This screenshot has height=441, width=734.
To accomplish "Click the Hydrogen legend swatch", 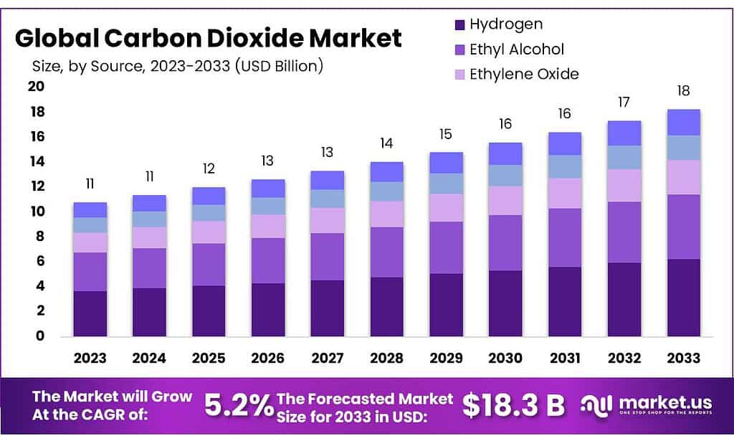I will point(459,25).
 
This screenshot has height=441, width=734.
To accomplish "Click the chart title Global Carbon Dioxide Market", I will point(209,38).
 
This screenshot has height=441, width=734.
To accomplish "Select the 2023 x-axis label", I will point(90,358).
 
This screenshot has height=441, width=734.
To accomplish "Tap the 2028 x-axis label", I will point(387,358).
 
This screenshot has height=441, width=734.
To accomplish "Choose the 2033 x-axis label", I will point(683,358).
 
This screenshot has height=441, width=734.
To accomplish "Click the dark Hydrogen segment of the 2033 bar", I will point(683,297).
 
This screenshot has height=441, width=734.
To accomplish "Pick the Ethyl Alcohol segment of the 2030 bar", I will point(505,242).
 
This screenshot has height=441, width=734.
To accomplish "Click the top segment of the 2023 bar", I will point(90,209).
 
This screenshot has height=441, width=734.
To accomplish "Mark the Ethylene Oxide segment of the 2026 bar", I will point(268,226).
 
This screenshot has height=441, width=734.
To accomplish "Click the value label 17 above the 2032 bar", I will point(624,103).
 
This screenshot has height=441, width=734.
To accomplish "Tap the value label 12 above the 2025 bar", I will point(209,169).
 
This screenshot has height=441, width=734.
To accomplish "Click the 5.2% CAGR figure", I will point(238,406).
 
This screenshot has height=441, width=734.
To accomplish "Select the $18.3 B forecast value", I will point(513,406).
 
